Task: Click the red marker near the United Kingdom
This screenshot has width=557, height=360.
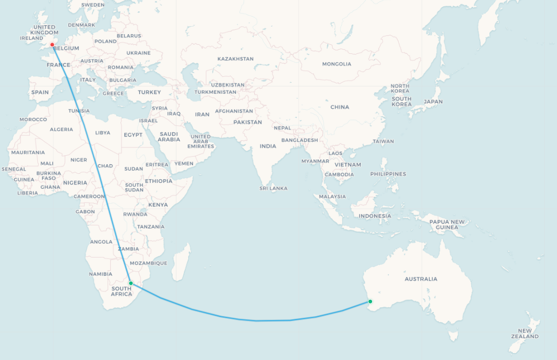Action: pyautogui.click(x=52, y=45)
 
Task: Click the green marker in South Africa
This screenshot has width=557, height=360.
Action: pyautogui.click(x=131, y=283)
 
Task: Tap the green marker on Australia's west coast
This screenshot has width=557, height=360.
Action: pyautogui.click(x=370, y=302)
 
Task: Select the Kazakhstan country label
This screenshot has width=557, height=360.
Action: pyautogui.click(x=236, y=59)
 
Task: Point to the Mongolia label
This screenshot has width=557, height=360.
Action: pyautogui.click(x=336, y=64)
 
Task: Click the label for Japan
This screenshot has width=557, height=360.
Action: pyautogui.click(x=433, y=102)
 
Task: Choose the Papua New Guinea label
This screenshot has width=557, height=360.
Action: pyautogui.click(x=447, y=225)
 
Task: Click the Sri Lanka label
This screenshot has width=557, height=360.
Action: pyautogui.click(x=273, y=188)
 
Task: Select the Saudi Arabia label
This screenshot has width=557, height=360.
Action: pyautogui.click(x=169, y=137)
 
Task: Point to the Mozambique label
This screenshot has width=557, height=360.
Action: pyautogui.click(x=149, y=263)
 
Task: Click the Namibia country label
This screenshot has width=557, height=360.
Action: pyautogui.click(x=101, y=274)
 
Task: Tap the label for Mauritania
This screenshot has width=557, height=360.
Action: pyautogui.click(x=28, y=153)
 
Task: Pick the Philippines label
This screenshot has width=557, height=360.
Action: pyautogui.click(x=388, y=174)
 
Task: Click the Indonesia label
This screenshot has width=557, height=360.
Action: pyautogui.click(x=375, y=216)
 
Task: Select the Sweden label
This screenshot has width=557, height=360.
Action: pyautogui.click(x=93, y=5)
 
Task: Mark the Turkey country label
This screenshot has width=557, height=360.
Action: pyautogui.click(x=149, y=92)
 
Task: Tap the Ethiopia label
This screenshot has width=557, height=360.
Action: pyautogui.click(x=158, y=181)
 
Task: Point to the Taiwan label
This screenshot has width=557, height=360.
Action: pyautogui.click(x=383, y=141)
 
